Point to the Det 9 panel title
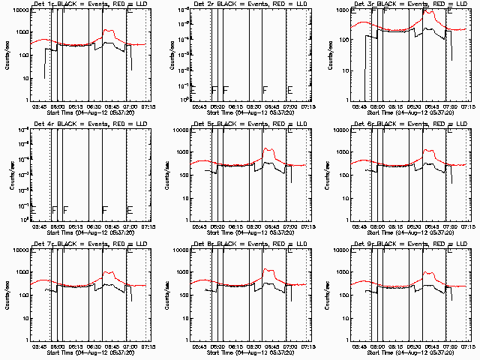click(x=409, y=244)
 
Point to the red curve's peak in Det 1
click(x=109, y=31)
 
